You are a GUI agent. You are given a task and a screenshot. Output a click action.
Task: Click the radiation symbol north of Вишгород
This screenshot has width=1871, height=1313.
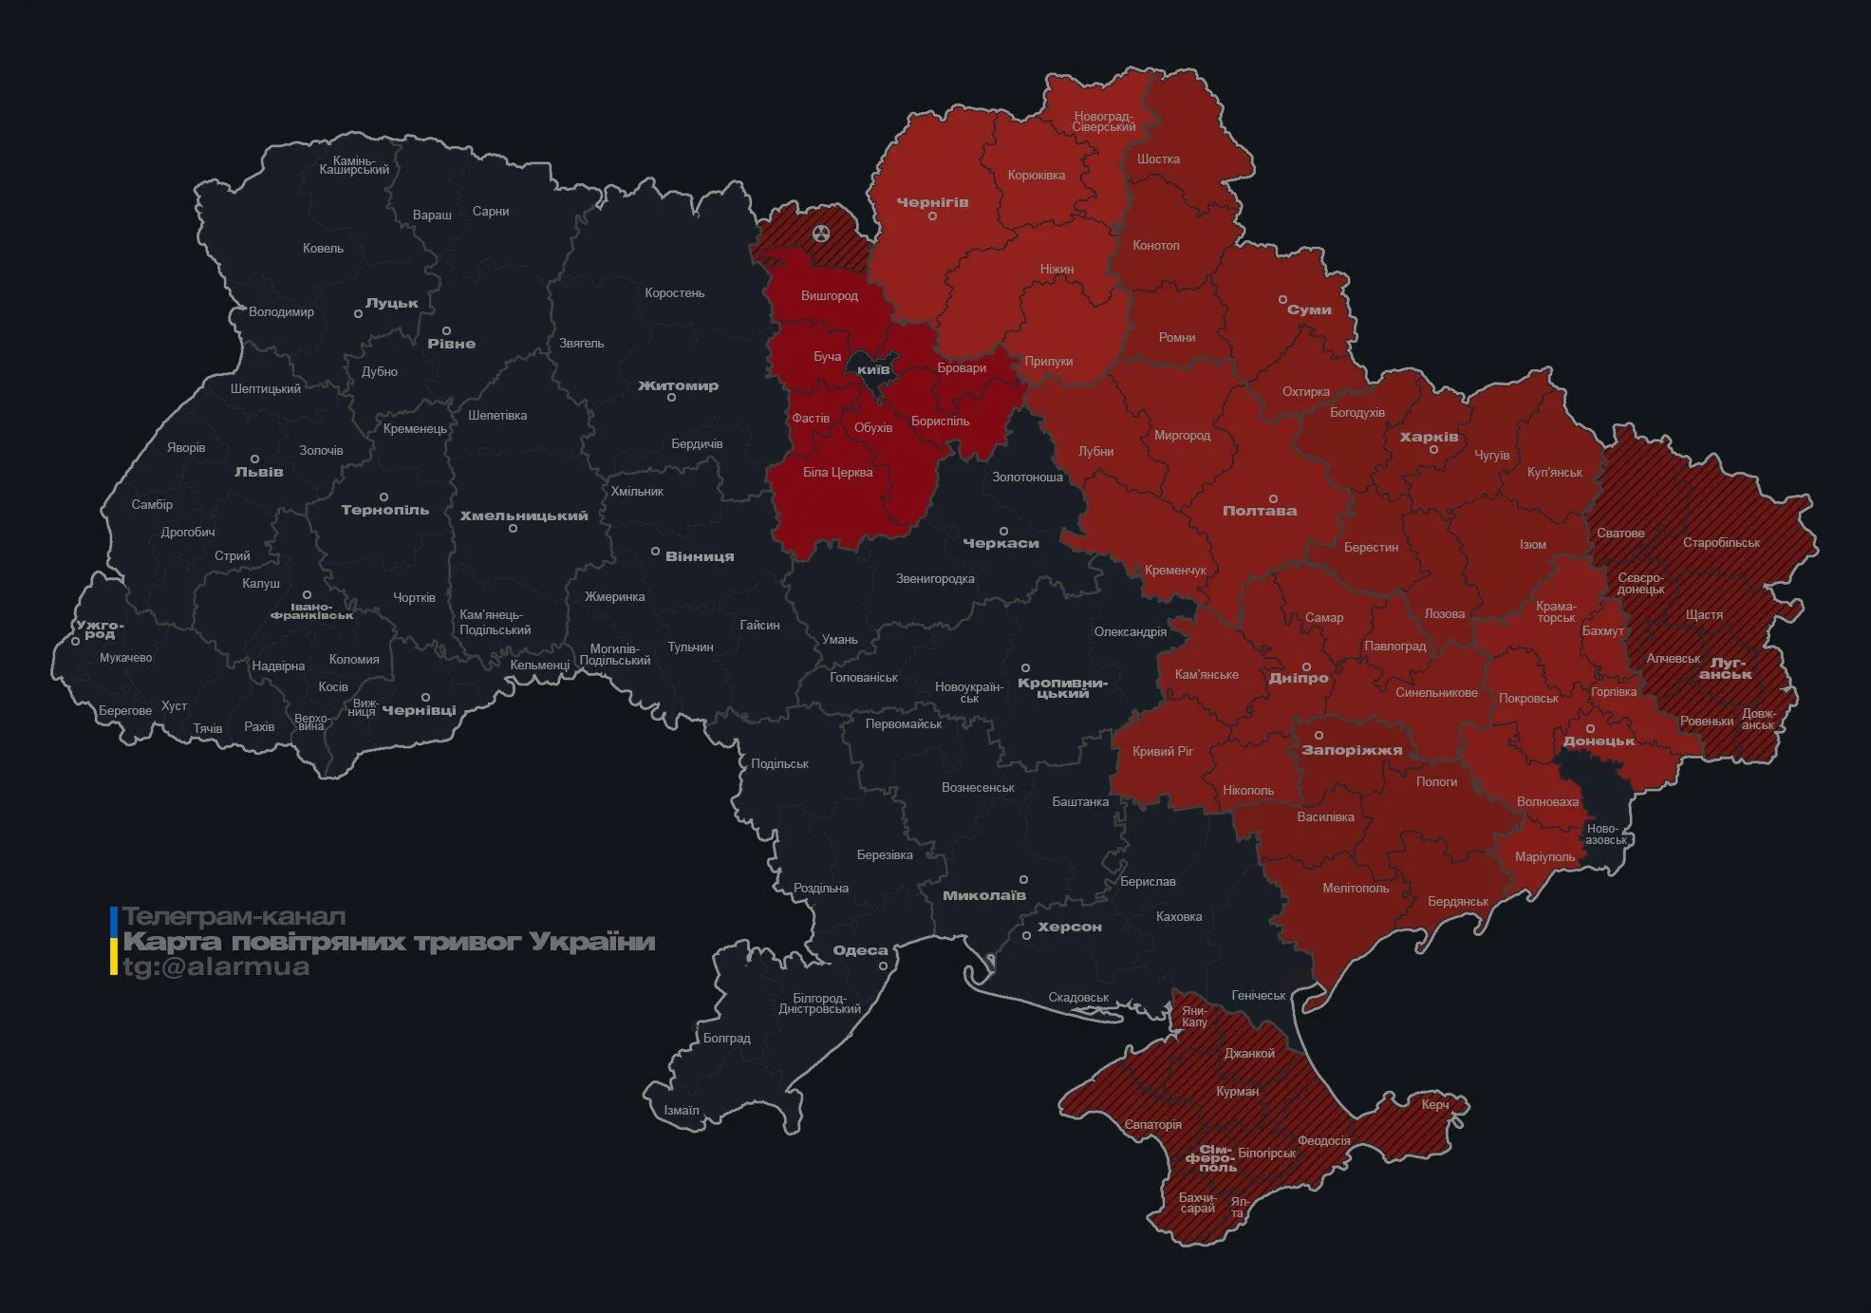[821, 233]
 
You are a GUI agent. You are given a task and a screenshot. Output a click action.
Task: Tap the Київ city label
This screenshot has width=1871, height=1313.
[873, 369]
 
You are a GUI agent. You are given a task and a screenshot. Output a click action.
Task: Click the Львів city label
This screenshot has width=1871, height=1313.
[258, 472]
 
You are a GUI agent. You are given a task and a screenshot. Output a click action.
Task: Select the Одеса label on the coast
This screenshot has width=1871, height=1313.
[860, 950]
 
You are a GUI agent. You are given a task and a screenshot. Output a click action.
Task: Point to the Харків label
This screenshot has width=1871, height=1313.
[1429, 438]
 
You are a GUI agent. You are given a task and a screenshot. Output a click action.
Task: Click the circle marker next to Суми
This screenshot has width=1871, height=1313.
[1282, 299]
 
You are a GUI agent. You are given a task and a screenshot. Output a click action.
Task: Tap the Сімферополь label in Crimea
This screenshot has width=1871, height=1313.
[1211, 1158]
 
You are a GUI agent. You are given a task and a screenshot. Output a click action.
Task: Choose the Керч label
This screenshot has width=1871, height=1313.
[1435, 1104]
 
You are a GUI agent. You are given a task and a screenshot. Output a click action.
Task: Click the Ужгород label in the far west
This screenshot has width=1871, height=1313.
[100, 629]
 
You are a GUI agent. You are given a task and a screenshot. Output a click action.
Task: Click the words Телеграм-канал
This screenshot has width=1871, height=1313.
[234, 917]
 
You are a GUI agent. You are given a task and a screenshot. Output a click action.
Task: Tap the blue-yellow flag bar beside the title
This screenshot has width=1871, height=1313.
[114, 941]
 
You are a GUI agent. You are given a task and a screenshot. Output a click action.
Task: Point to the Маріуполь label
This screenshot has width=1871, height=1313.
[1544, 856]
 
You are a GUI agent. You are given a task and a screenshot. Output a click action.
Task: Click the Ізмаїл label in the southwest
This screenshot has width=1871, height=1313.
[681, 1110]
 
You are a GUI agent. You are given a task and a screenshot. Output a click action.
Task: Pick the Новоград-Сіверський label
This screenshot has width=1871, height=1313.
[1104, 122]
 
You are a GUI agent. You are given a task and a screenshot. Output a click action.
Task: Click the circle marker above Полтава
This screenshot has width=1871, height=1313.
[1273, 498]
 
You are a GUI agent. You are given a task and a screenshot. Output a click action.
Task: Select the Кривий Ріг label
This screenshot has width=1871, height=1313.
[1162, 751]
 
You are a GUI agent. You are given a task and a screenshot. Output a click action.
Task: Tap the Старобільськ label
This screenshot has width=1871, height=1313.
[1721, 543]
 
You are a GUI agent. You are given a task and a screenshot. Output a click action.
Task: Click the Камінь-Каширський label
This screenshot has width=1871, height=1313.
[354, 165]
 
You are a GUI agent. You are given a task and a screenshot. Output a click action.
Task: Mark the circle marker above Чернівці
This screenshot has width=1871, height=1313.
[425, 697]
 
